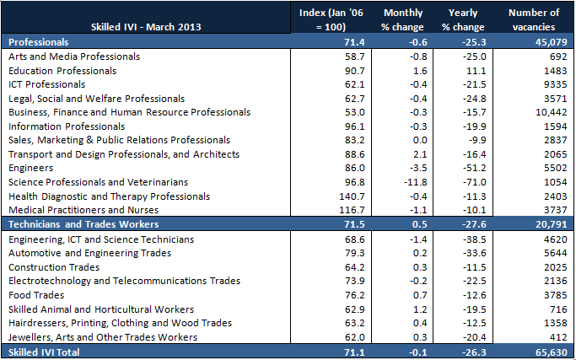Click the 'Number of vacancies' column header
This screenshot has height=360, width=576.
coord(534,19)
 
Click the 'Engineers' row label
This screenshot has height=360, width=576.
coord(30,169)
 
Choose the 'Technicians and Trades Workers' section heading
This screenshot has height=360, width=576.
coord(83,225)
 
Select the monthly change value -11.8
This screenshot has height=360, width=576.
coord(394,183)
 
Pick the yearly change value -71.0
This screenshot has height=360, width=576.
coord(466,183)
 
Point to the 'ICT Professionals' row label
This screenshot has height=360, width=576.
coord(46,84)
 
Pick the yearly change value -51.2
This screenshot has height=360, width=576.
coord(466,169)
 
